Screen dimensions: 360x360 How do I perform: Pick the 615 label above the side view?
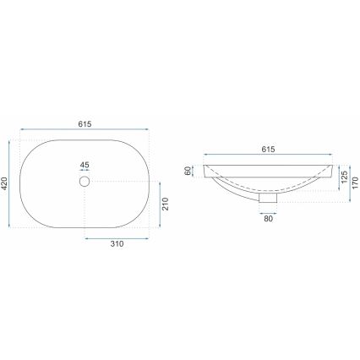coord(267,150)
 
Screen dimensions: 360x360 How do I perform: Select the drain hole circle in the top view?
coord(84,182)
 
